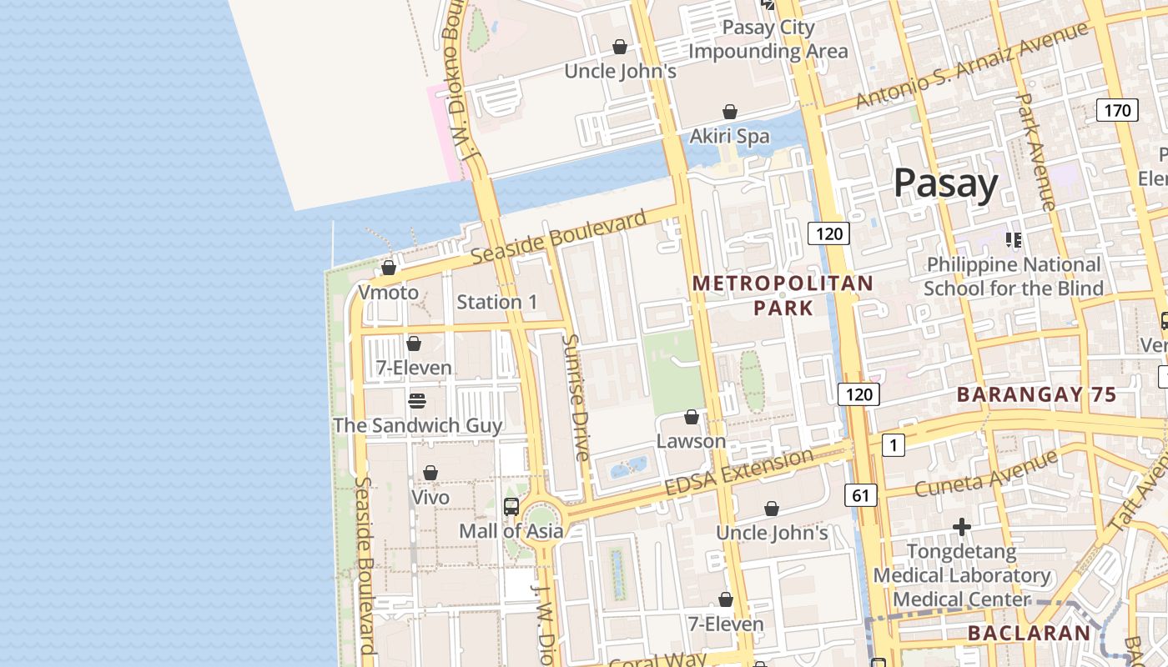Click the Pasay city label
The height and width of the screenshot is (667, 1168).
[x=945, y=183]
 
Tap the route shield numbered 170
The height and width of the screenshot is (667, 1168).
[x=1117, y=110]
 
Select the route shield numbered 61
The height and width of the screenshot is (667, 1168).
[x=860, y=496]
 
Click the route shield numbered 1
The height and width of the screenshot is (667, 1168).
[x=893, y=446]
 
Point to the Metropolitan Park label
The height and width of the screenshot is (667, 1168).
[x=783, y=295]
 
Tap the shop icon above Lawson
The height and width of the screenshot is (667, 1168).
[x=692, y=417]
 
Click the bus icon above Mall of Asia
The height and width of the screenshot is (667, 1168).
[x=511, y=506]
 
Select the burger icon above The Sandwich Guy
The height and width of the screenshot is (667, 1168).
[x=417, y=401]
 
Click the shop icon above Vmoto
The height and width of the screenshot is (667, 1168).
[x=389, y=268]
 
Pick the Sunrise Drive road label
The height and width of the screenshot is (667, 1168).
[x=576, y=397]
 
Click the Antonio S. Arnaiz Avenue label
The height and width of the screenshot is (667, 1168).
[x=972, y=65]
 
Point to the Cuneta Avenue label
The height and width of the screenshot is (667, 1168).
[x=986, y=473]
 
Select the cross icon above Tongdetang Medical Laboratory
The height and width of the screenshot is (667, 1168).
[x=962, y=527]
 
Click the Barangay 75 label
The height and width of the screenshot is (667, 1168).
[x=1035, y=395]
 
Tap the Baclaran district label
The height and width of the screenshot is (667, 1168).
[x=1028, y=633]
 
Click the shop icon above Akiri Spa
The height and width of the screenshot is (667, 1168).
[x=730, y=112]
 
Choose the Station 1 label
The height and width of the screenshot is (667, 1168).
[x=497, y=302]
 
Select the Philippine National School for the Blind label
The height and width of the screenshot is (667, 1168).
[x=1013, y=277]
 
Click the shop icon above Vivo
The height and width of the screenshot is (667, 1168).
[x=430, y=474]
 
